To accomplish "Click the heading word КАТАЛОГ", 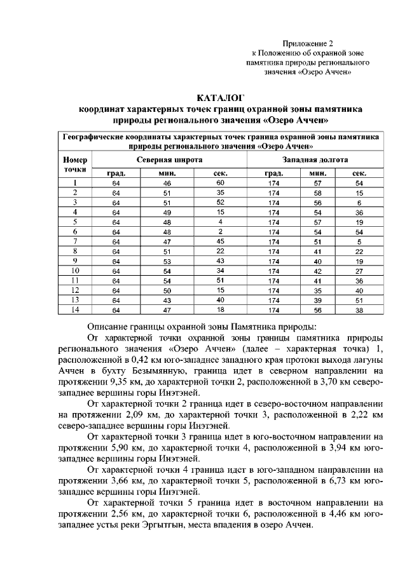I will [221, 98].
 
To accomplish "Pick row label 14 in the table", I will [75, 309].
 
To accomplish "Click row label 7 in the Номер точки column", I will [75, 241].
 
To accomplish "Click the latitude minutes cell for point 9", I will [167, 261].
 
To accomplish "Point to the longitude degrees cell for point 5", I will [274, 222].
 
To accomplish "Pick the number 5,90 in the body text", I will [122, 448].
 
